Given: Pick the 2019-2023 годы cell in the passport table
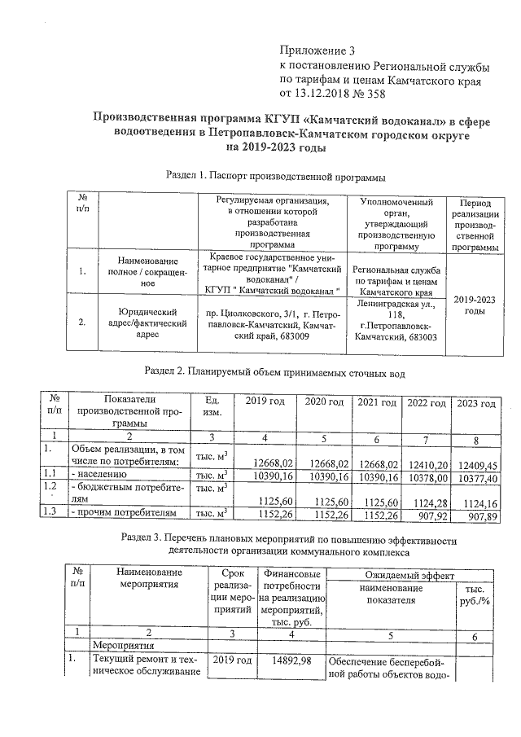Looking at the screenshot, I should (476, 305).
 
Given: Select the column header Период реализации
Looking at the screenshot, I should (476, 224).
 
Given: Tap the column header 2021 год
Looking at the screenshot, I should (378, 403).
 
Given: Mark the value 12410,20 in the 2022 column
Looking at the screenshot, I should (427, 463).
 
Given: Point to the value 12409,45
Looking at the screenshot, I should (477, 463).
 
